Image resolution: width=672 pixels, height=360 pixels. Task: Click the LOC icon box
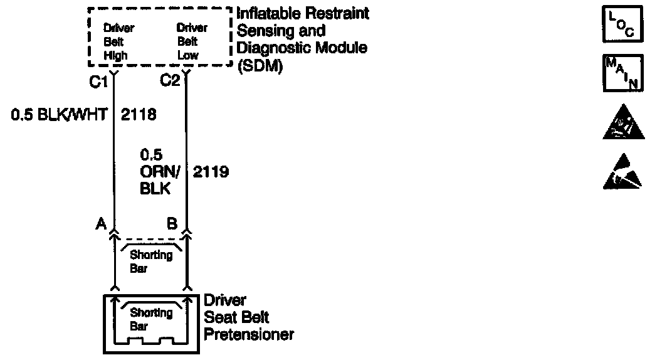[622, 24]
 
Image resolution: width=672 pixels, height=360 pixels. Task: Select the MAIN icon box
[622, 72]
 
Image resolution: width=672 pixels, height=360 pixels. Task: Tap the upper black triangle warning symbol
[622, 122]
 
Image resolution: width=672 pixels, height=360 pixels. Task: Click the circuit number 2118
[138, 115]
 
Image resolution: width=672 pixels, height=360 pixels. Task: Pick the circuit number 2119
[211, 171]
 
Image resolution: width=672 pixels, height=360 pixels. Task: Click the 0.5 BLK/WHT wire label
[60, 115]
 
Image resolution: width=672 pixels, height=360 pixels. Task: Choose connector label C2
[170, 81]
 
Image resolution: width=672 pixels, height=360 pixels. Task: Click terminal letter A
[100, 223]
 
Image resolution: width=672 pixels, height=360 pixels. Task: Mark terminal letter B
[172, 223]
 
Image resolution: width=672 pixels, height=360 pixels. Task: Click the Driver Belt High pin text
[119, 42]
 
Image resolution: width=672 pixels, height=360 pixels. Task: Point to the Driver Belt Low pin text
[192, 42]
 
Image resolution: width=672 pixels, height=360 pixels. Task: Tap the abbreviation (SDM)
[260, 66]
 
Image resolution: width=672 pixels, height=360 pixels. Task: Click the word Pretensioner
[249, 335]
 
